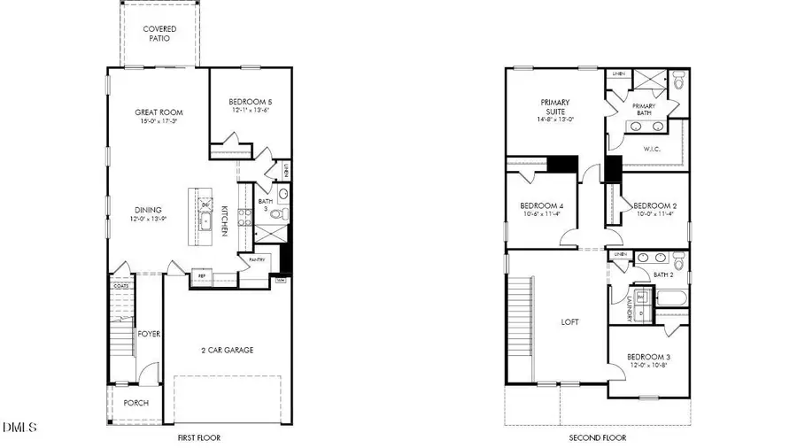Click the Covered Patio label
159,34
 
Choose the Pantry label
257,259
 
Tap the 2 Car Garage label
226,351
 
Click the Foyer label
149,335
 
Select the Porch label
135,403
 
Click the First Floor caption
198,437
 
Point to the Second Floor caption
597,437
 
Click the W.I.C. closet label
654,149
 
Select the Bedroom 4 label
542,206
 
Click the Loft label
571,322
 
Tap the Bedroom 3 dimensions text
648,365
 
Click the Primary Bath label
644,110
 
